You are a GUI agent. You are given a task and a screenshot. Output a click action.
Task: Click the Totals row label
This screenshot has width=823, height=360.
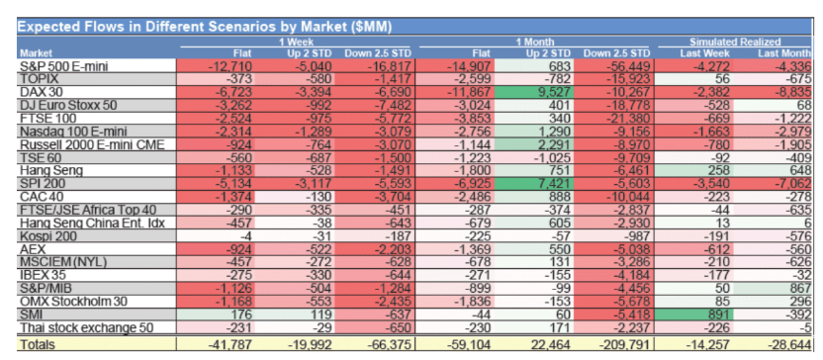(39, 344)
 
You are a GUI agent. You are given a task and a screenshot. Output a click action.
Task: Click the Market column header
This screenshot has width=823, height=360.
(37, 53)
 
